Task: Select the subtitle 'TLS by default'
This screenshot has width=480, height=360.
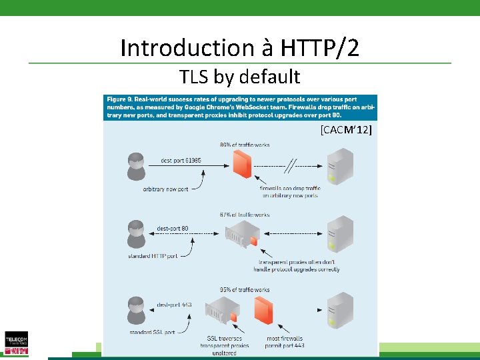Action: pos(239,77)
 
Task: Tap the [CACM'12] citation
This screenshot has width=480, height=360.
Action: pos(345,129)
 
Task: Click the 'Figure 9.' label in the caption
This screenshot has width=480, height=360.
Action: pos(123,99)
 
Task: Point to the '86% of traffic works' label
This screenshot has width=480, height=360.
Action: pos(245,145)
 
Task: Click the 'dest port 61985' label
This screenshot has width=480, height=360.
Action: pos(181,161)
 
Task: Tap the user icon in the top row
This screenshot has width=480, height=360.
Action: pos(135,165)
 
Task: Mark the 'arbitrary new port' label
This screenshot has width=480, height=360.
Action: pos(165,189)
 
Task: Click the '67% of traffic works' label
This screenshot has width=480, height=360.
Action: pos(244,215)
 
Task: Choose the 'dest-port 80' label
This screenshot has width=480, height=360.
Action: pos(173,229)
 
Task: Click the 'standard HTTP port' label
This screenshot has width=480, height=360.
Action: pos(153,255)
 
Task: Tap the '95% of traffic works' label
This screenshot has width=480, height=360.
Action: pos(244,290)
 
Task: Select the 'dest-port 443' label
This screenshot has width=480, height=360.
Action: pos(174,305)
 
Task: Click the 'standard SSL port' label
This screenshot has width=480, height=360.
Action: pos(151,331)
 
